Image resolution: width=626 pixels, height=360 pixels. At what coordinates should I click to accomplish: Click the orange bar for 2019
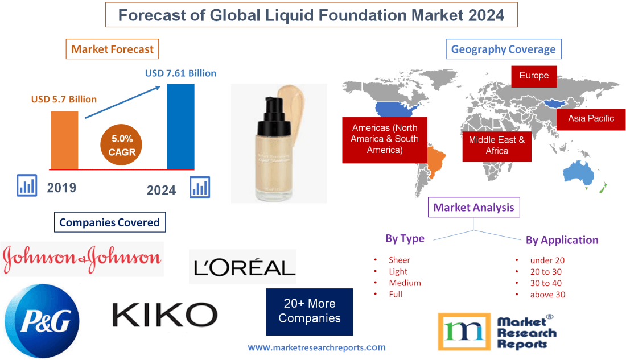64,140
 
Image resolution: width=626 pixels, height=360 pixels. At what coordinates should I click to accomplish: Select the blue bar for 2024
180,126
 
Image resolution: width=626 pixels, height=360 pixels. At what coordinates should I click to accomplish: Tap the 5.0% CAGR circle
122,144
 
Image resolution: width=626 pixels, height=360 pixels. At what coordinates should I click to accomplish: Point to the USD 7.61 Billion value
180,73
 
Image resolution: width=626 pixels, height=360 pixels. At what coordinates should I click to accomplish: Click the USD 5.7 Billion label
64,99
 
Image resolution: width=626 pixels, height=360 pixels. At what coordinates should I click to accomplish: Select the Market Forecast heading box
112,49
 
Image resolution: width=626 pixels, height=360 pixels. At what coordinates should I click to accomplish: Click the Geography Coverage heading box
503,49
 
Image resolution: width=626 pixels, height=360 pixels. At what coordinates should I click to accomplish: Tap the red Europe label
534,76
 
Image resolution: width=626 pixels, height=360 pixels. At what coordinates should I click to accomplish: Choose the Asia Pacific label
591,119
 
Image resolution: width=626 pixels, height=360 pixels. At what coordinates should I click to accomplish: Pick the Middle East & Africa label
497,145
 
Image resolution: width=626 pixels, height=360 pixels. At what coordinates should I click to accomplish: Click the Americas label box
385,139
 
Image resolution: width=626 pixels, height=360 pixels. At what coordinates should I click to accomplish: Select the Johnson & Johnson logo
82,259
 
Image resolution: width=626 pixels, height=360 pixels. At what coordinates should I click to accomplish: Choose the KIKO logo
165,315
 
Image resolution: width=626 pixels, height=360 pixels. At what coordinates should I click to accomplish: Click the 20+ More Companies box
310,311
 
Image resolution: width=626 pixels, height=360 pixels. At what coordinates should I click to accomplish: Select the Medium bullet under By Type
405,283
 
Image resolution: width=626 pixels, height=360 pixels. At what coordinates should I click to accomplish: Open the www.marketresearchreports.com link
317,347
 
